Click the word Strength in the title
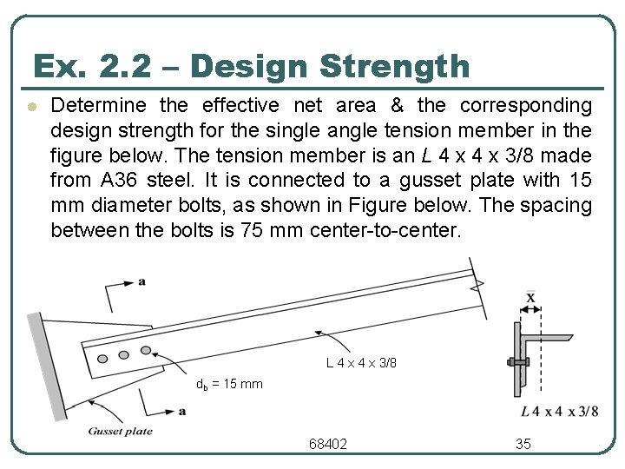pyautogui.click(x=395, y=67)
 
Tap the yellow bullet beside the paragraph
pyautogui.click(x=30, y=108)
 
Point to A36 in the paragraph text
pyautogui.click(x=118, y=181)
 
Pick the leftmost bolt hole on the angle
pyautogui.click(x=102, y=358)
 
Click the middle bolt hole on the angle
pyautogui.click(x=124, y=353)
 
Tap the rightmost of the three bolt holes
pyautogui.click(x=146, y=350)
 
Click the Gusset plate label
pyautogui.click(x=120, y=431)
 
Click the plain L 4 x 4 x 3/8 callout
pyautogui.click(x=361, y=362)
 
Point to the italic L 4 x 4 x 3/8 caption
pyautogui.click(x=560, y=411)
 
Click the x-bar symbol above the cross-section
pyautogui.click(x=530, y=298)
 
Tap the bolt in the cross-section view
pyautogui.click(x=517, y=360)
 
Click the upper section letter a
pyautogui.click(x=141, y=281)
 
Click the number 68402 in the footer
pyautogui.click(x=328, y=444)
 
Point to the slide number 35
pyautogui.click(x=523, y=444)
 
